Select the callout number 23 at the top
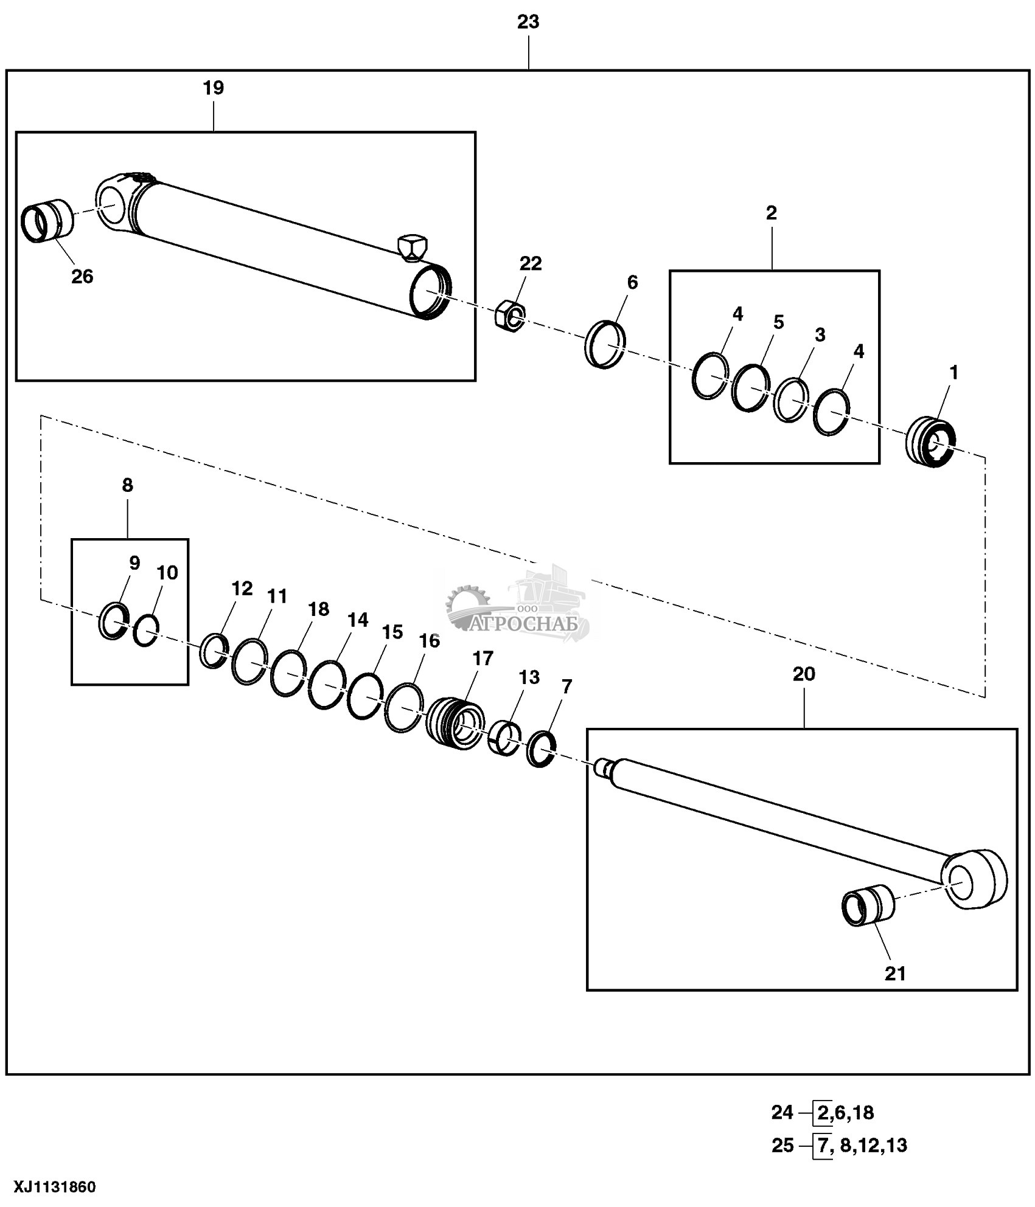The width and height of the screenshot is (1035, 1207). pyautogui.click(x=528, y=22)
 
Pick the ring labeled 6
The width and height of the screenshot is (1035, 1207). pyautogui.click(x=607, y=344)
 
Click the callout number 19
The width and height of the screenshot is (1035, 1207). pyautogui.click(x=213, y=88)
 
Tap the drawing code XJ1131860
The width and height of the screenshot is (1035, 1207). pyautogui.click(x=49, y=1187)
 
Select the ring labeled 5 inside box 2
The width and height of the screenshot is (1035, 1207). pyautogui.click(x=750, y=388)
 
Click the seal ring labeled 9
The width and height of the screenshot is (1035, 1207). pyautogui.click(x=114, y=621)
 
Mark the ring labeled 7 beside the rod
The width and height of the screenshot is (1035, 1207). pyautogui.click(x=541, y=749)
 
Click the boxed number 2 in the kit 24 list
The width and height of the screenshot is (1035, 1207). pyautogui.click(x=822, y=1113)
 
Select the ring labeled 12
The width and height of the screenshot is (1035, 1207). pyautogui.click(x=214, y=651)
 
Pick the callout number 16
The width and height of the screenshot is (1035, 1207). pyautogui.click(x=429, y=640)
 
